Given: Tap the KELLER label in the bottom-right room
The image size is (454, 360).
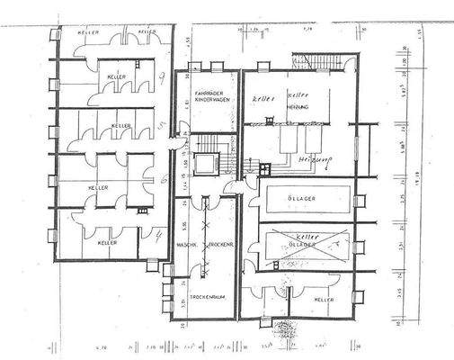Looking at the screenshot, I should (323, 298).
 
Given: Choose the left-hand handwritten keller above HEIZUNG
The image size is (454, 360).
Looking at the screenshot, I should (262, 95).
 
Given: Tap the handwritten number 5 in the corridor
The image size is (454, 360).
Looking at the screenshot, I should (160, 123).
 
